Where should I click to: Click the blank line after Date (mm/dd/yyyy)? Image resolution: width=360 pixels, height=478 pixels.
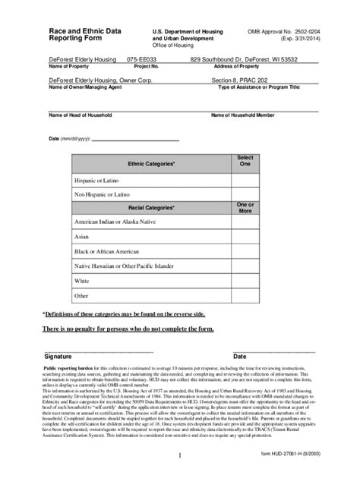click(x=136, y=140)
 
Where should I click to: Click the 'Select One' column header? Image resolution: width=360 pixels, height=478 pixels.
click(x=245, y=161)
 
